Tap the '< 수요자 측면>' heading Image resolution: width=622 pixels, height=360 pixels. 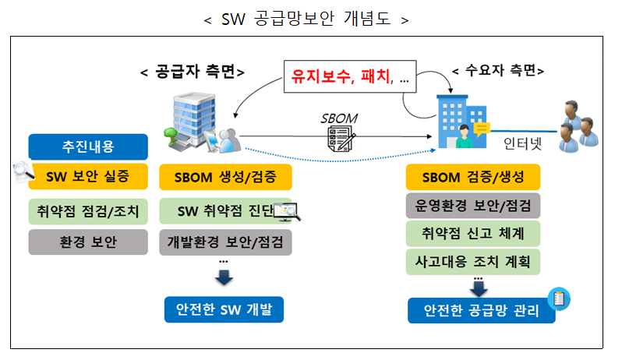coord(498,71)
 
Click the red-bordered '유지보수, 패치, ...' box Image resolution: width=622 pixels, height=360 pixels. coord(350,77)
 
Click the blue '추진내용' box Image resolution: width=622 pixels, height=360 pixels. coord(87,146)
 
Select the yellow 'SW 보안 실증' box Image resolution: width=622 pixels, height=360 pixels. coord(87,177)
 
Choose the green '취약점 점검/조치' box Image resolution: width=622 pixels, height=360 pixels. coord(87,211)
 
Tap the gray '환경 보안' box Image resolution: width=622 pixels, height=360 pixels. coord(87,242)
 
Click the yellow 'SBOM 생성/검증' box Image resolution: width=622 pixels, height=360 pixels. coord(225,177)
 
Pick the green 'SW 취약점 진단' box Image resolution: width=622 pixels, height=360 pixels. coord(222,211)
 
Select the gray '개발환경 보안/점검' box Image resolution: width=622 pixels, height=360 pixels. coord(225,242)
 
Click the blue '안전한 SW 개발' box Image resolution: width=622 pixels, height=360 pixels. coord(224,309)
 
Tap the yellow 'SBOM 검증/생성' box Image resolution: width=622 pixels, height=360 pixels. coord(473,177)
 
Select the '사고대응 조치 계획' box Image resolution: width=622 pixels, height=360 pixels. coord(473,260)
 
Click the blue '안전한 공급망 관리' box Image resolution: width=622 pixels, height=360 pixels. coord(481,310)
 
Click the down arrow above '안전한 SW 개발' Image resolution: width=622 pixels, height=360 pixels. coord(224,277)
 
